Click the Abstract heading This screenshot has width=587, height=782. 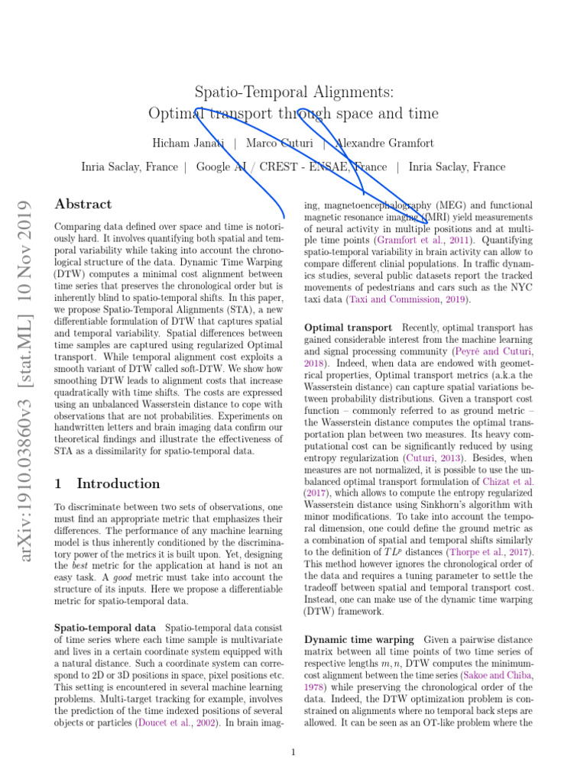(83, 205)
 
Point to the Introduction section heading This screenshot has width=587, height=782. (107, 483)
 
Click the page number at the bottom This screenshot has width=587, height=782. (293, 753)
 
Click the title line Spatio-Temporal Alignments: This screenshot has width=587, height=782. (293, 92)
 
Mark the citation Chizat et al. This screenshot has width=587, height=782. (508, 482)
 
